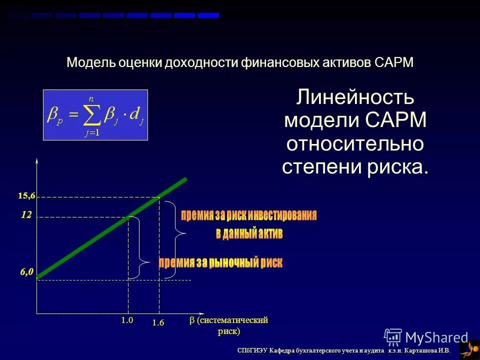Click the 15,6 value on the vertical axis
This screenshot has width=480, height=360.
pyautogui.click(x=27, y=196)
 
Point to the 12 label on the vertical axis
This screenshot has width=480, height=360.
pyautogui.click(x=26, y=215)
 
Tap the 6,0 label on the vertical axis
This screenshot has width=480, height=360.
pyautogui.click(x=26, y=272)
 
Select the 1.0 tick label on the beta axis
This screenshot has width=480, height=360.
pyautogui.click(x=127, y=320)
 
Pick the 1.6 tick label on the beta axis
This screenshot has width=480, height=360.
pyautogui.click(x=158, y=323)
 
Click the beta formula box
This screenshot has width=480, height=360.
pyautogui.click(x=95, y=115)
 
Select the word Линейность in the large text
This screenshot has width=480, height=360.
pyautogui.click(x=355, y=97)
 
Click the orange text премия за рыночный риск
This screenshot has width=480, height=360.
pyautogui.click(x=220, y=262)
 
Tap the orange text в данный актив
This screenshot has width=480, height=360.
pyautogui.click(x=249, y=233)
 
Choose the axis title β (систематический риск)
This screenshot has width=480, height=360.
pyautogui.click(x=229, y=325)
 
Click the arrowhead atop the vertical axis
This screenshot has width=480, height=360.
pyautogui.click(x=37, y=161)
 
